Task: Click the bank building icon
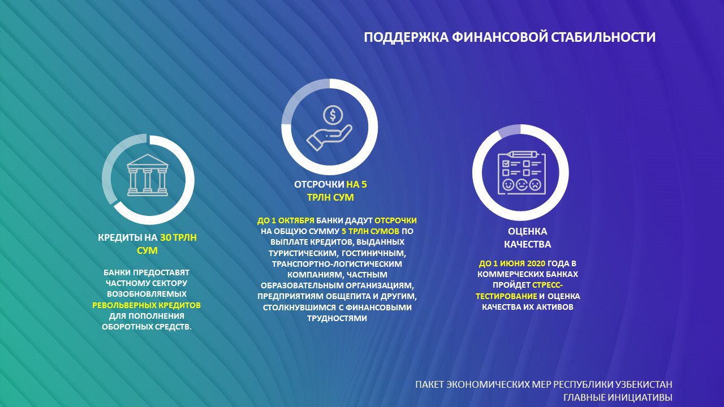(148, 175)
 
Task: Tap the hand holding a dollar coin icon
(329, 128)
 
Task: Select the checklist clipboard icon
(522, 173)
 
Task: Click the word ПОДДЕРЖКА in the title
(406, 37)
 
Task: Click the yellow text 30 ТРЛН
(178, 238)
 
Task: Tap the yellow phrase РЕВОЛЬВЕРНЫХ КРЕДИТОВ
(146, 305)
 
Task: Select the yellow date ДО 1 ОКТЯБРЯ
(286, 220)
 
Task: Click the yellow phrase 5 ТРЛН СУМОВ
(370, 231)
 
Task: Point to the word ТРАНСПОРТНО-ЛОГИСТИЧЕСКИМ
(337, 264)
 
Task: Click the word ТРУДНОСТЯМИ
(337, 318)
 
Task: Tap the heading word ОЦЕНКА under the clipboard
(528, 231)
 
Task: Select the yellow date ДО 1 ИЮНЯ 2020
(512, 263)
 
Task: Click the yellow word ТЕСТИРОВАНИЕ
(506, 296)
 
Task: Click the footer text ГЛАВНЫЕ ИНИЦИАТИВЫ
(618, 397)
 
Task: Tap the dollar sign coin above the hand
(333, 115)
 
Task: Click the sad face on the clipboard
(535, 185)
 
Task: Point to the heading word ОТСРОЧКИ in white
(319, 185)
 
